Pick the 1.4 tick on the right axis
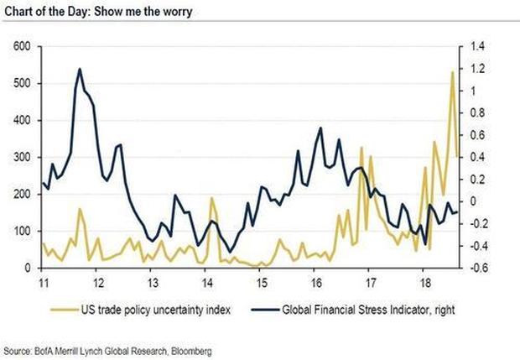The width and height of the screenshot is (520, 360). click(477, 47)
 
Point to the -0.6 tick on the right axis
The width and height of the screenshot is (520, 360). click(477, 269)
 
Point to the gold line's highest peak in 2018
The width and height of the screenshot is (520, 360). click(453, 72)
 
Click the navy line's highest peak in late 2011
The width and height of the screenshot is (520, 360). click(80, 69)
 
